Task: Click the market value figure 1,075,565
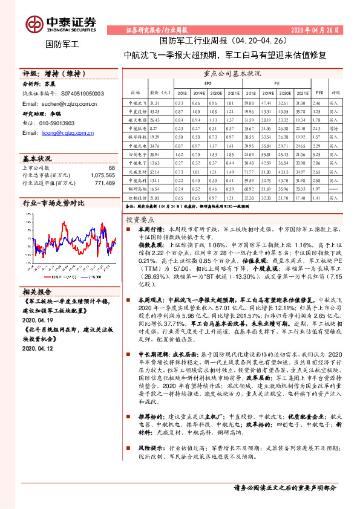click(102, 175)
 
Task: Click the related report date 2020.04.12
click(38, 348)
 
